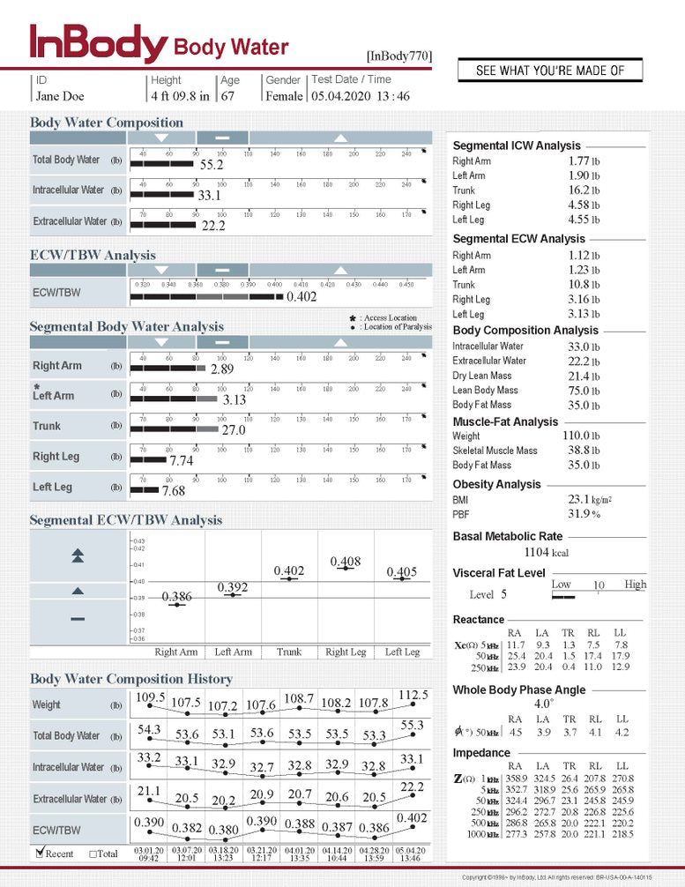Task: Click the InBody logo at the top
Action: [x=97, y=44]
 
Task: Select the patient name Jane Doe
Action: [x=60, y=96]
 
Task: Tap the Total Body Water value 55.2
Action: [x=212, y=165]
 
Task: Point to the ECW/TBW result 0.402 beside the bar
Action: [x=302, y=297]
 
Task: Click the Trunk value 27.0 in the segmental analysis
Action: [x=233, y=430]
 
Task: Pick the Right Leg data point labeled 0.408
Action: [x=346, y=569]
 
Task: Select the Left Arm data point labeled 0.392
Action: [x=233, y=595]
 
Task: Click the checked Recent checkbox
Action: [x=40, y=853]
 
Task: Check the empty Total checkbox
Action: [x=93, y=853]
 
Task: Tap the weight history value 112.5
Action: [x=413, y=695]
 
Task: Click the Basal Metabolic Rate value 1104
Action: [x=537, y=552]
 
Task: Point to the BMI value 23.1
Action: [x=578, y=499]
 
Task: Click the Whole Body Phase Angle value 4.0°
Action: [x=543, y=704]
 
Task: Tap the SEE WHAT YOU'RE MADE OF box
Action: [x=549, y=71]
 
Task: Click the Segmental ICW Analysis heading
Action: [x=517, y=145]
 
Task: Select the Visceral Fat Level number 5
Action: [x=504, y=594]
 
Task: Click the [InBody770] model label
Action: [x=399, y=56]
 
